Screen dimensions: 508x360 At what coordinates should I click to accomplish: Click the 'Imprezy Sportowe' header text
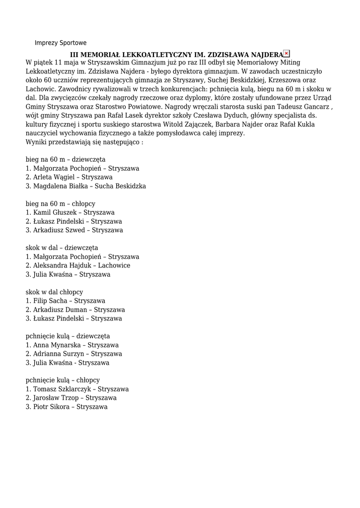pyautogui.click(x=60, y=43)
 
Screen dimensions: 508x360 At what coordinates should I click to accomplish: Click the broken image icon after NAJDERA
pyautogui.click(x=287, y=54)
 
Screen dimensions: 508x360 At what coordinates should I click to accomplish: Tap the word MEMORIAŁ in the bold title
pyautogui.click(x=102, y=54)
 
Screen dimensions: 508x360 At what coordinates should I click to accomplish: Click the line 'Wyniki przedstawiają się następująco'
pyautogui.click(x=84, y=142)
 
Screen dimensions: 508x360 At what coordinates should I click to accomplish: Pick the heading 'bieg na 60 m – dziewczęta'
pyautogui.click(x=66, y=160)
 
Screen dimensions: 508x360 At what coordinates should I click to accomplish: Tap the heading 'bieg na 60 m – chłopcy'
pyautogui.click(x=61, y=204)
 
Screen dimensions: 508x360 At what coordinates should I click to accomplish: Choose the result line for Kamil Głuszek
pyautogui.click(x=70, y=212)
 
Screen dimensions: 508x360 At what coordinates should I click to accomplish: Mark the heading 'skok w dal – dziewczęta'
pyautogui.click(x=62, y=248)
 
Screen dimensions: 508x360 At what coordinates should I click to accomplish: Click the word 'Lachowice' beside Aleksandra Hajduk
pyautogui.click(x=114, y=265)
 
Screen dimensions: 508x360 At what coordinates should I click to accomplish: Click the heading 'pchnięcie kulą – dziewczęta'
pyautogui.click(x=68, y=336)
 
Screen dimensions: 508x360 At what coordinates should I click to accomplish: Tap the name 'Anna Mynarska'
pyautogui.click(x=54, y=345)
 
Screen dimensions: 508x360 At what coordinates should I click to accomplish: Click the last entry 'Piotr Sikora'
pyautogui.click(x=51, y=407)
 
